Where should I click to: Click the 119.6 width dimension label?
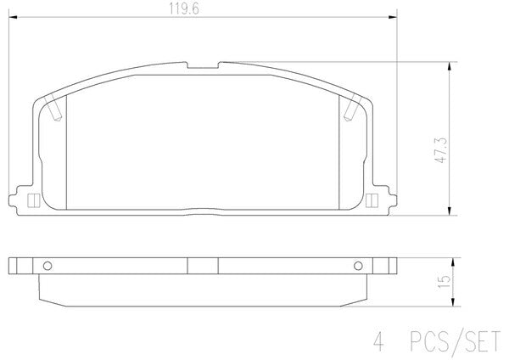tap(184, 9)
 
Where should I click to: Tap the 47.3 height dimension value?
tap(442, 150)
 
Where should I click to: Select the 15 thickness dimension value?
tap(444, 281)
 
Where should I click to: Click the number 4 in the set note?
tap(378, 342)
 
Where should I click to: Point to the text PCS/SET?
tap(456, 342)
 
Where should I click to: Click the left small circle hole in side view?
tap(48, 266)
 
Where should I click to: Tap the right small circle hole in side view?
tap(358, 266)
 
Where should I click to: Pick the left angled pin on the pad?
tap(53, 109)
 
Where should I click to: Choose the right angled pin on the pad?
tap(353, 109)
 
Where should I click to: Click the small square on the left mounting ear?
tap(33, 200)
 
